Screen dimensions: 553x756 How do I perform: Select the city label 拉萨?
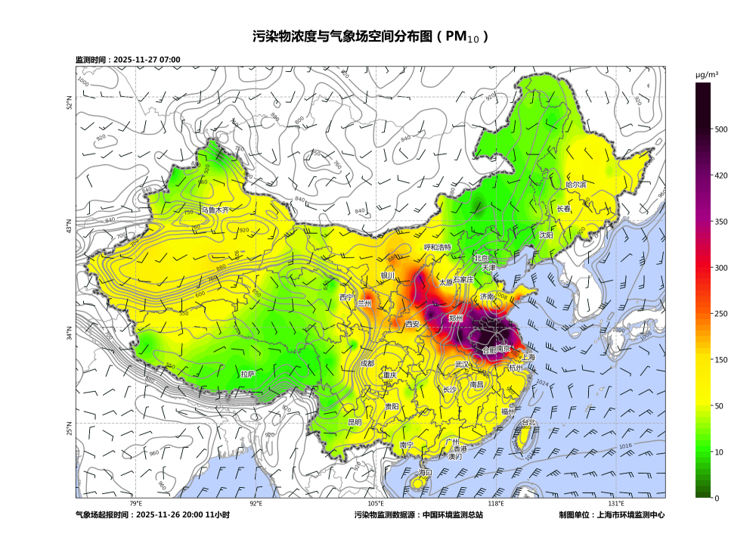point(248,374)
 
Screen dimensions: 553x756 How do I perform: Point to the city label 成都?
point(367,363)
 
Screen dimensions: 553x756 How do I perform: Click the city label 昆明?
point(355,422)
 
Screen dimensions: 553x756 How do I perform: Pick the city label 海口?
point(425,473)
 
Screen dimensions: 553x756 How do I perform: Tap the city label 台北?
point(528,423)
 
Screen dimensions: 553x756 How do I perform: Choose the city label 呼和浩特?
point(438,247)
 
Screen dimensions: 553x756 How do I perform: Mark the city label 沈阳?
point(546,235)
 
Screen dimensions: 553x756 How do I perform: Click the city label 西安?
point(412,324)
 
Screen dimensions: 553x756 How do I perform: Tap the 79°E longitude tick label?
point(135,504)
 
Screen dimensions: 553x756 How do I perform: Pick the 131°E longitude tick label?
point(616,504)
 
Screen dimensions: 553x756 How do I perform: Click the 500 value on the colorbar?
point(721,129)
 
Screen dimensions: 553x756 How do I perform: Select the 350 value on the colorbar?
point(721,222)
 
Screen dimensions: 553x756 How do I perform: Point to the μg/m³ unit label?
point(707,74)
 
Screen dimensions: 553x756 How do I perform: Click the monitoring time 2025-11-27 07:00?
point(147,60)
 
